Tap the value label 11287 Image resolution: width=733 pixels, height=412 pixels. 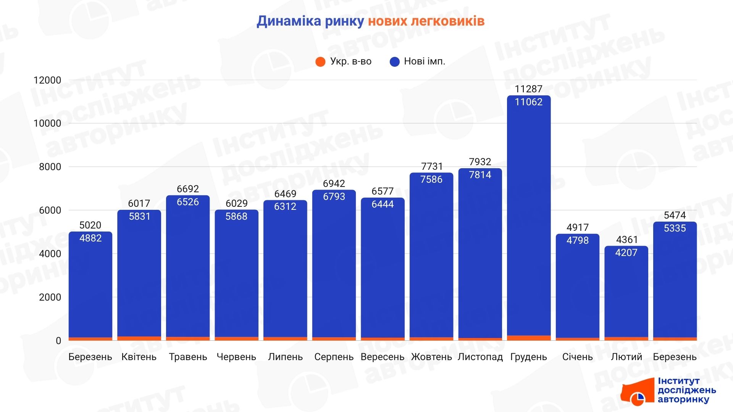(528, 89)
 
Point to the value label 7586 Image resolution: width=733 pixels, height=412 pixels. (431, 179)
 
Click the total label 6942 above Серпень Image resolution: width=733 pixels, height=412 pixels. (334, 183)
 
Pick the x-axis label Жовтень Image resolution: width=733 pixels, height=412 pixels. (431, 357)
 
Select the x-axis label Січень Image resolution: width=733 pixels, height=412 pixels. (577, 357)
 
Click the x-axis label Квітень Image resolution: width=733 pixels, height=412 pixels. (139, 357)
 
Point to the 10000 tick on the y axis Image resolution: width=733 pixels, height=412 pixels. (47, 123)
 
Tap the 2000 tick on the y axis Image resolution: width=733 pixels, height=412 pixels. (50, 297)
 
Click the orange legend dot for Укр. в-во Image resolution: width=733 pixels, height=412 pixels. (320, 61)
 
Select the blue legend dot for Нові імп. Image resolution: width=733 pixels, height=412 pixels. (394, 61)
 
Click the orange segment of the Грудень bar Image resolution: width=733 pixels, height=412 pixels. (529, 338)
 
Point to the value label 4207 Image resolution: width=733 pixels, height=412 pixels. (626, 253)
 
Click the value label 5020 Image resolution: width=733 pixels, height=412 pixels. (90, 225)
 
